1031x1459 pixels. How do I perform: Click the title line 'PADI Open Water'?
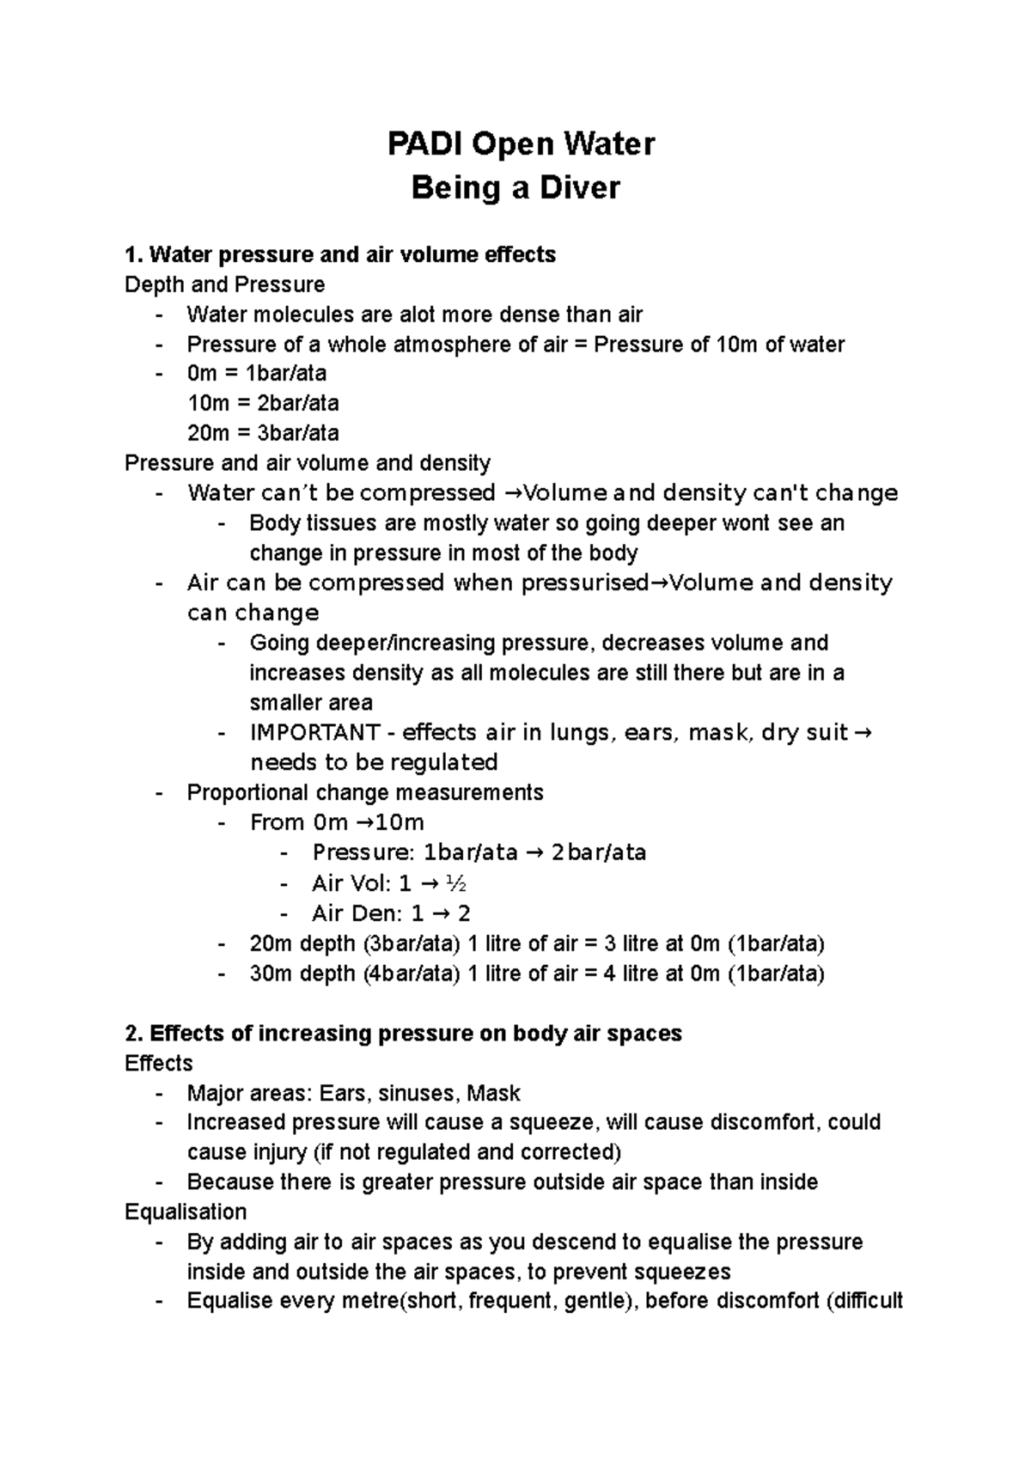[x=521, y=144]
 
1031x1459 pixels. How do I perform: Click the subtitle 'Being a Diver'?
[x=515, y=188]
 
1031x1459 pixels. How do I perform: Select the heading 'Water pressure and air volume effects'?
[x=352, y=254]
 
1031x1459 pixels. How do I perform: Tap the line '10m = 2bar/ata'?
[x=263, y=403]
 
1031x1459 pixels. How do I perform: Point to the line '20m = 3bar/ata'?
[x=263, y=432]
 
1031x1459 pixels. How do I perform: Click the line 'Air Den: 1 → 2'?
[x=391, y=913]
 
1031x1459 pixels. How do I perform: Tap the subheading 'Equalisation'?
[x=186, y=1212]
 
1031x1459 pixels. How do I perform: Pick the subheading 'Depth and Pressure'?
[x=225, y=284]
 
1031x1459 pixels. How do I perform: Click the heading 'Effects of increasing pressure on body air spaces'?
[x=416, y=1033]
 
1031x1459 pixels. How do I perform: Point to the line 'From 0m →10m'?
[x=337, y=822]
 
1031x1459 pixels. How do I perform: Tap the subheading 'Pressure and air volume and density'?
[x=308, y=463]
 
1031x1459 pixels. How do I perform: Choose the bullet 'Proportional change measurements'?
[x=365, y=792]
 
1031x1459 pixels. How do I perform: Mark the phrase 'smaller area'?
[x=311, y=703]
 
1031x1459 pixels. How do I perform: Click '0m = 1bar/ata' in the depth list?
[x=257, y=373]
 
